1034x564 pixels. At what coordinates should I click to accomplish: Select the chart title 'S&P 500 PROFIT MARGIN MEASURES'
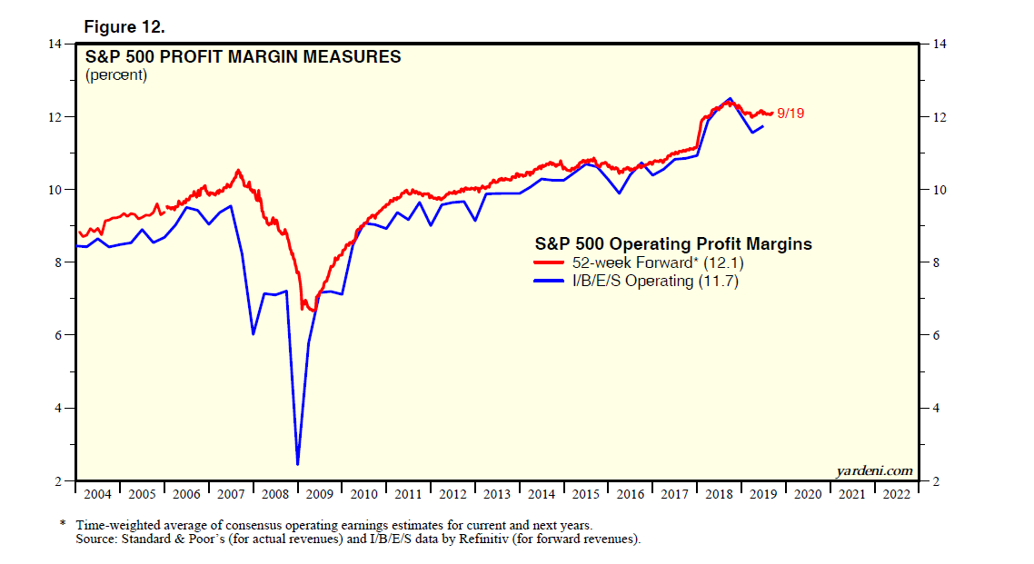pos(243,57)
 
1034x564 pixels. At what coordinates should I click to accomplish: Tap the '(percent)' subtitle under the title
pos(116,75)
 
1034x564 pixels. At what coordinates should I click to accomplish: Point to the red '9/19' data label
pos(790,113)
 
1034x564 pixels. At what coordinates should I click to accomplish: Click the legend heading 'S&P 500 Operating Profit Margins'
pos(671,244)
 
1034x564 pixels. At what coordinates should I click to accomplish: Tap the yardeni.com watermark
pos(873,470)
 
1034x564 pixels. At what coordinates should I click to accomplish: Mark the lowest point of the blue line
pos(298,464)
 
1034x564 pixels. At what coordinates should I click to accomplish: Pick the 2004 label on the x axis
pos(95,494)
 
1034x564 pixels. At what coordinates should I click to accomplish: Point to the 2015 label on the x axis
pos(584,494)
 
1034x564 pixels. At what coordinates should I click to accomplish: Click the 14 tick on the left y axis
pos(55,45)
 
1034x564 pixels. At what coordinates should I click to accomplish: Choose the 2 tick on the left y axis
pos(59,481)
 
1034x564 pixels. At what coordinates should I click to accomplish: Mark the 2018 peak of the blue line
pos(730,98)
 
